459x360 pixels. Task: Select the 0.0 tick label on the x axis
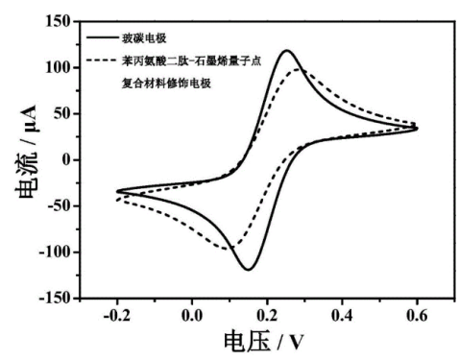(192, 313)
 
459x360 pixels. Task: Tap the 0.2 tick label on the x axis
(267, 313)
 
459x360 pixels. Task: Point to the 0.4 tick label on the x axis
(342, 313)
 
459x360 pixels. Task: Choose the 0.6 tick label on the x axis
(417, 313)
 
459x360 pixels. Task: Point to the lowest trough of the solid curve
(248, 270)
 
